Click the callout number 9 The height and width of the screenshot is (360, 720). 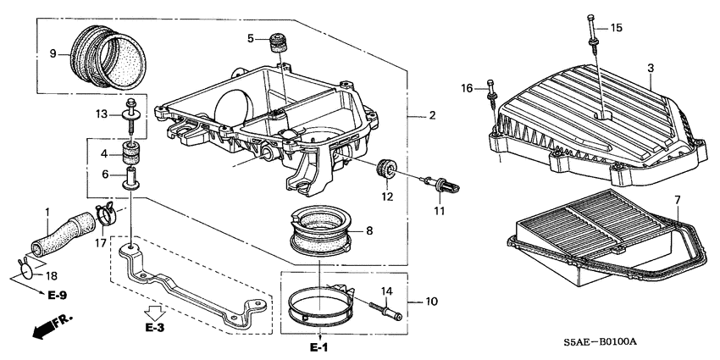pos(53,54)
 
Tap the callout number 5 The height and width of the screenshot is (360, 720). pos(251,38)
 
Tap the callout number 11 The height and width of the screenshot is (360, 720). pos(440,210)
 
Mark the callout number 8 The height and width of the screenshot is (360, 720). pos(368,230)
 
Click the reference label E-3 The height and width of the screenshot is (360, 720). pos(154,326)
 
